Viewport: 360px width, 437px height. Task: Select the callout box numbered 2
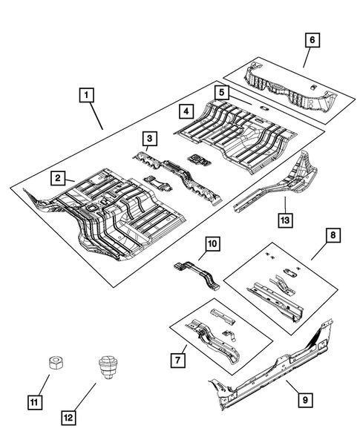tap(56, 177)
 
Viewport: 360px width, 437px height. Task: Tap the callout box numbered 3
tap(149, 138)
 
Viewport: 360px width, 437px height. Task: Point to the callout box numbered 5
tap(220, 92)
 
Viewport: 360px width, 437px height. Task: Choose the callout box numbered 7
tap(178, 360)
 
